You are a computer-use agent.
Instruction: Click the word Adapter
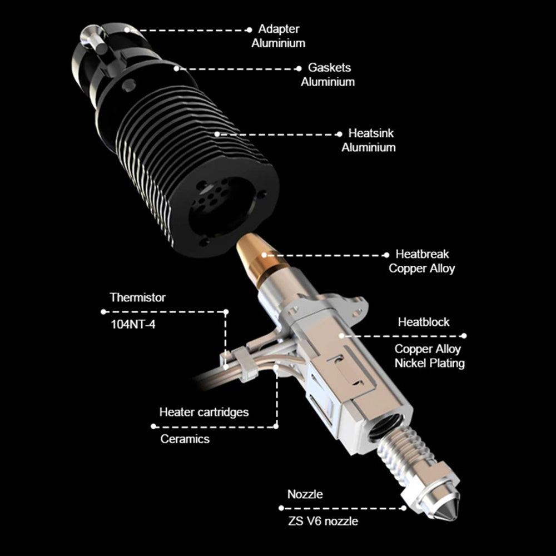279,29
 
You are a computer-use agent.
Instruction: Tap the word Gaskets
329,67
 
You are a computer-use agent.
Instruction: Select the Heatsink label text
371,133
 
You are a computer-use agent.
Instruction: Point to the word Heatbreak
422,254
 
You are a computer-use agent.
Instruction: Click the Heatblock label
424,322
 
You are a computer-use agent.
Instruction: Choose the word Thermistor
137,297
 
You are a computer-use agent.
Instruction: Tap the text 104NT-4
133,325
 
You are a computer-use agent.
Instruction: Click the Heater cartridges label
204,412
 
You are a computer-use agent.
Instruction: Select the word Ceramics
185,439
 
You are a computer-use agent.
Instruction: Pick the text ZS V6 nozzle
323,522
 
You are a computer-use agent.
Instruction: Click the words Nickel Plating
429,363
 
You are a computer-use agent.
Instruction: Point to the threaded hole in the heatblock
386,427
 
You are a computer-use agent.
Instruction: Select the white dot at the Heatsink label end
339,134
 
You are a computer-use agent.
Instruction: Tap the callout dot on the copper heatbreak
264,255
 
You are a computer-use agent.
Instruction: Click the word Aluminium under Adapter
279,43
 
